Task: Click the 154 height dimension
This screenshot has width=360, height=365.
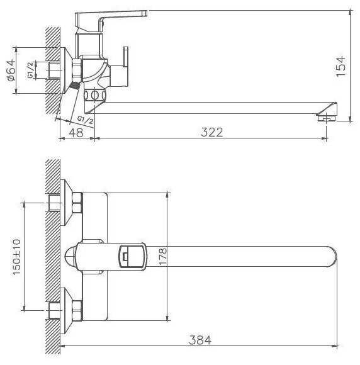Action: tap(340, 66)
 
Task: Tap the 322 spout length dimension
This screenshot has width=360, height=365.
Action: tap(211, 132)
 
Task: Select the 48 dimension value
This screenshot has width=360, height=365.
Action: tap(76, 133)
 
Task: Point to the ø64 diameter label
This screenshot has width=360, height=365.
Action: tap(11, 70)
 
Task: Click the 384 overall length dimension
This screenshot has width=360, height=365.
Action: tap(200, 340)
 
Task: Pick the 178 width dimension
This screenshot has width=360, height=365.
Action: tap(163, 257)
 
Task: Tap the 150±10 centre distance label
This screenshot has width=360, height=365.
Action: tap(17, 257)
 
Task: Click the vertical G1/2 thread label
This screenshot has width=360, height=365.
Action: tap(30, 70)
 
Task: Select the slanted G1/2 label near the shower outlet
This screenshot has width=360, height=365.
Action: tap(86, 120)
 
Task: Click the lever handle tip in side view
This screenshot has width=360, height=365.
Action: tap(145, 13)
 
